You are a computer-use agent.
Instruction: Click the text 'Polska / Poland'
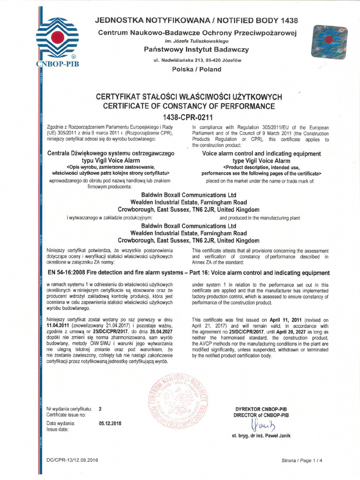pos(195,69)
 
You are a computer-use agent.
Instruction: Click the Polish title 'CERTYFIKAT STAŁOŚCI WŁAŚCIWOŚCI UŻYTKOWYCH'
pos(189,97)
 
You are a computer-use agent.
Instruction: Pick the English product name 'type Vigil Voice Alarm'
pos(261,160)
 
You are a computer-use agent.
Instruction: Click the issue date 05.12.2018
pos(111,423)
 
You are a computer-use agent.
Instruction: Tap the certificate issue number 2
pos(100,409)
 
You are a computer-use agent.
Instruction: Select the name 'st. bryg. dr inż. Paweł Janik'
pos(261,436)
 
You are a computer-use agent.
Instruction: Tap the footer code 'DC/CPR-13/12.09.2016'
pos(73,461)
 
